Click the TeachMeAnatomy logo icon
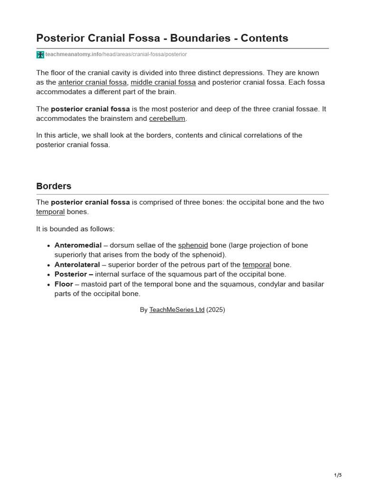coord(40,55)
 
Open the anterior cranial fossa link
coord(92,82)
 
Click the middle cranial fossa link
coord(163,82)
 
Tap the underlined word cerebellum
coord(167,118)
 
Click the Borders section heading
coord(54,186)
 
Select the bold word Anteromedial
coord(78,245)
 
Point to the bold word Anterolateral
coord(77,264)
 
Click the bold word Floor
coord(64,284)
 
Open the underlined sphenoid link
coord(193,245)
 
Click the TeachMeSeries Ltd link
coord(177,310)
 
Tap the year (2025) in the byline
coord(216,310)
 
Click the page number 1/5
coord(338,475)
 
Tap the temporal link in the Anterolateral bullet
coord(257,264)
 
